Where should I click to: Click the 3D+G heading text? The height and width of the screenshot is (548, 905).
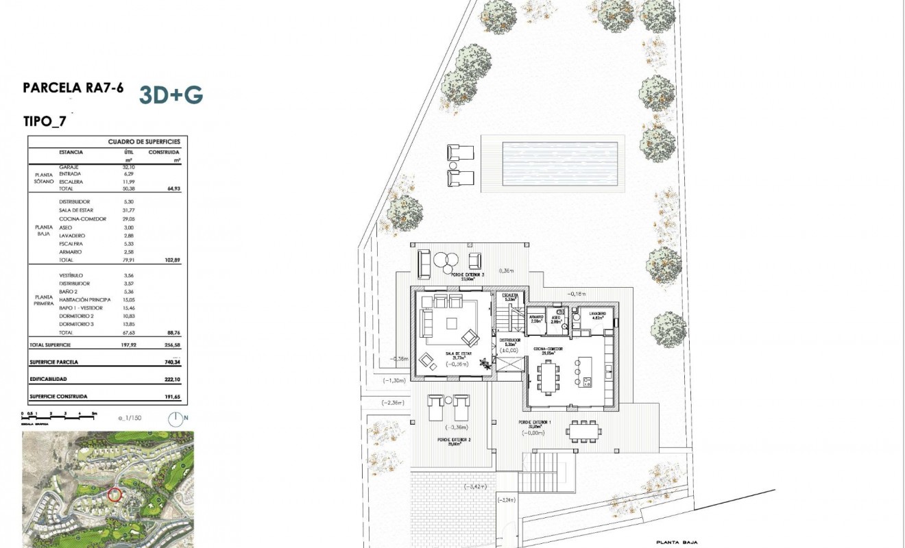tap(171, 95)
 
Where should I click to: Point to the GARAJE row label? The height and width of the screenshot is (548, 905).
tap(69, 167)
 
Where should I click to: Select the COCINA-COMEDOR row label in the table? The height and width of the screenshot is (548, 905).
tap(83, 219)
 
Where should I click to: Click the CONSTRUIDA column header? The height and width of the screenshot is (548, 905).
tap(165, 152)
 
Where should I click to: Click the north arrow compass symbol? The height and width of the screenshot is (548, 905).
tap(176, 418)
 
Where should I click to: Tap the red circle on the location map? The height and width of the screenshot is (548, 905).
tap(114, 494)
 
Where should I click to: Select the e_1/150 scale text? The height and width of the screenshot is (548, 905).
tap(129, 418)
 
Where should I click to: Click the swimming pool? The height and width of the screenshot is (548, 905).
tap(552, 163)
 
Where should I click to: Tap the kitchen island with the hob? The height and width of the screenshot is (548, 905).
tap(585, 373)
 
